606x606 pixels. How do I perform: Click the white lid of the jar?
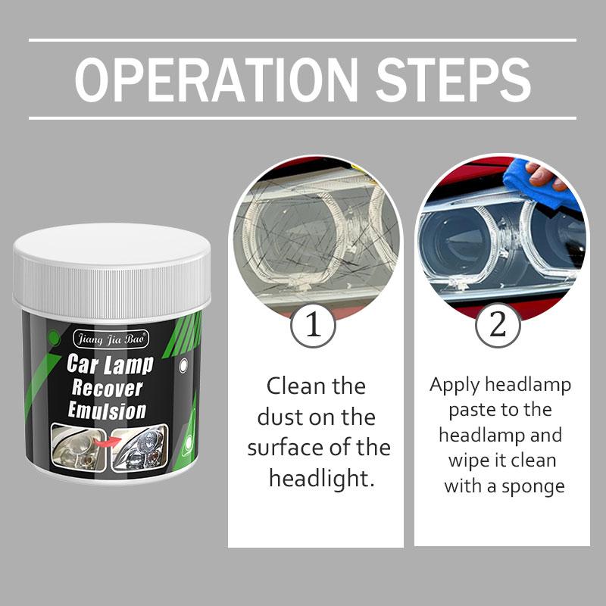[x=111, y=269]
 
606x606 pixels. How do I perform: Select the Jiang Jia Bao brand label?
[x=111, y=335]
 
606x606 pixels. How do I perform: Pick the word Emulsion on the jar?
[x=108, y=411]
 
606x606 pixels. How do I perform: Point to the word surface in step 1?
[x=282, y=448]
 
